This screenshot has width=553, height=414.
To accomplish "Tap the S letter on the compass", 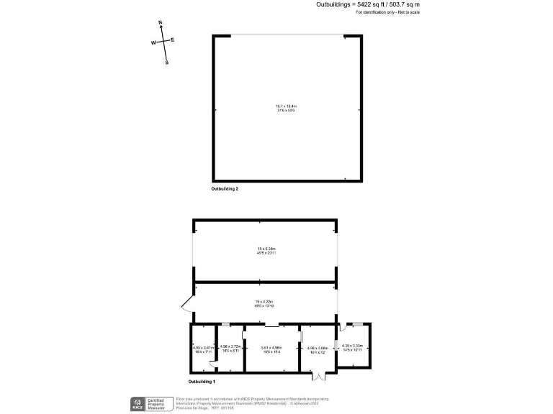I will [167, 63].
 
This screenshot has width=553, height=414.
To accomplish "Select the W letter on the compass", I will [153, 43].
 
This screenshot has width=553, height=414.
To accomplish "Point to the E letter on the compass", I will [173, 40].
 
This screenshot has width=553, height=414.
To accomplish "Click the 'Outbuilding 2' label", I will [225, 189].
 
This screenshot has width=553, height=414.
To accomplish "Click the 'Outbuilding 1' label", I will [202, 381].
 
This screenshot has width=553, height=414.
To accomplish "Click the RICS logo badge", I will [136, 403].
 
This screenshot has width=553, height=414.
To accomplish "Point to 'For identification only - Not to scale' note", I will [388, 13].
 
